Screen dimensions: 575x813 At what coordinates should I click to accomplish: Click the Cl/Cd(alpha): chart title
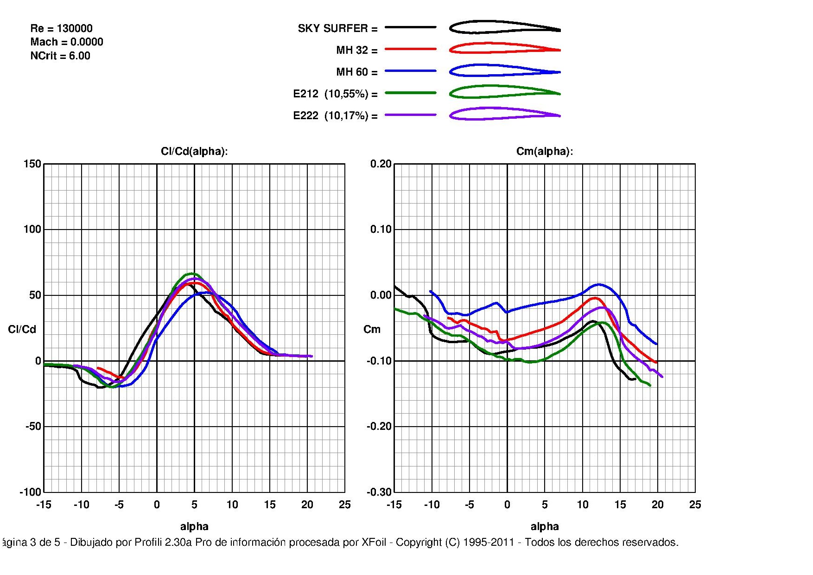(x=194, y=152)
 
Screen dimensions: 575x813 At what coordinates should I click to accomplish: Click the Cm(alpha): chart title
(x=545, y=152)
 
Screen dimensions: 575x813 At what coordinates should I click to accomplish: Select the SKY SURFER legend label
(x=337, y=28)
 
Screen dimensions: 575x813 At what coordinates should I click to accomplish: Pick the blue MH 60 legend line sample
(x=410, y=71)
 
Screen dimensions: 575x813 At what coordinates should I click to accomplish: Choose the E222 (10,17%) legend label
(x=335, y=115)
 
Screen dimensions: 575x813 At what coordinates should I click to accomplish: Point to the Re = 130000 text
(x=61, y=28)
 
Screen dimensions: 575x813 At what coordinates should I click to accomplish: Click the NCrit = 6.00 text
(x=60, y=56)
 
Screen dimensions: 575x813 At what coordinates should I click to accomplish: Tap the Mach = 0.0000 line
(x=67, y=42)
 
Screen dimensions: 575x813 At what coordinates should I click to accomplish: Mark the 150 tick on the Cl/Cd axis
(x=32, y=164)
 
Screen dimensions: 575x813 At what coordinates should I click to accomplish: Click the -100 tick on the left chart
(x=30, y=492)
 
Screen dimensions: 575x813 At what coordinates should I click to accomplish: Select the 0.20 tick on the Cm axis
(x=381, y=164)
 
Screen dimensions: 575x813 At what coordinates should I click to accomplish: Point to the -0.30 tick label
(x=379, y=492)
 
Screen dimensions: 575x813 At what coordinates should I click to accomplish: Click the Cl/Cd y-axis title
(x=22, y=329)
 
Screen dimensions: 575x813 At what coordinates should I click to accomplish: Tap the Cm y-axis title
(x=372, y=329)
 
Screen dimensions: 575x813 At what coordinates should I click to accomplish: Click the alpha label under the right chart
(x=545, y=526)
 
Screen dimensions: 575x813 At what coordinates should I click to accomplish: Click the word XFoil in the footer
(x=374, y=542)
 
